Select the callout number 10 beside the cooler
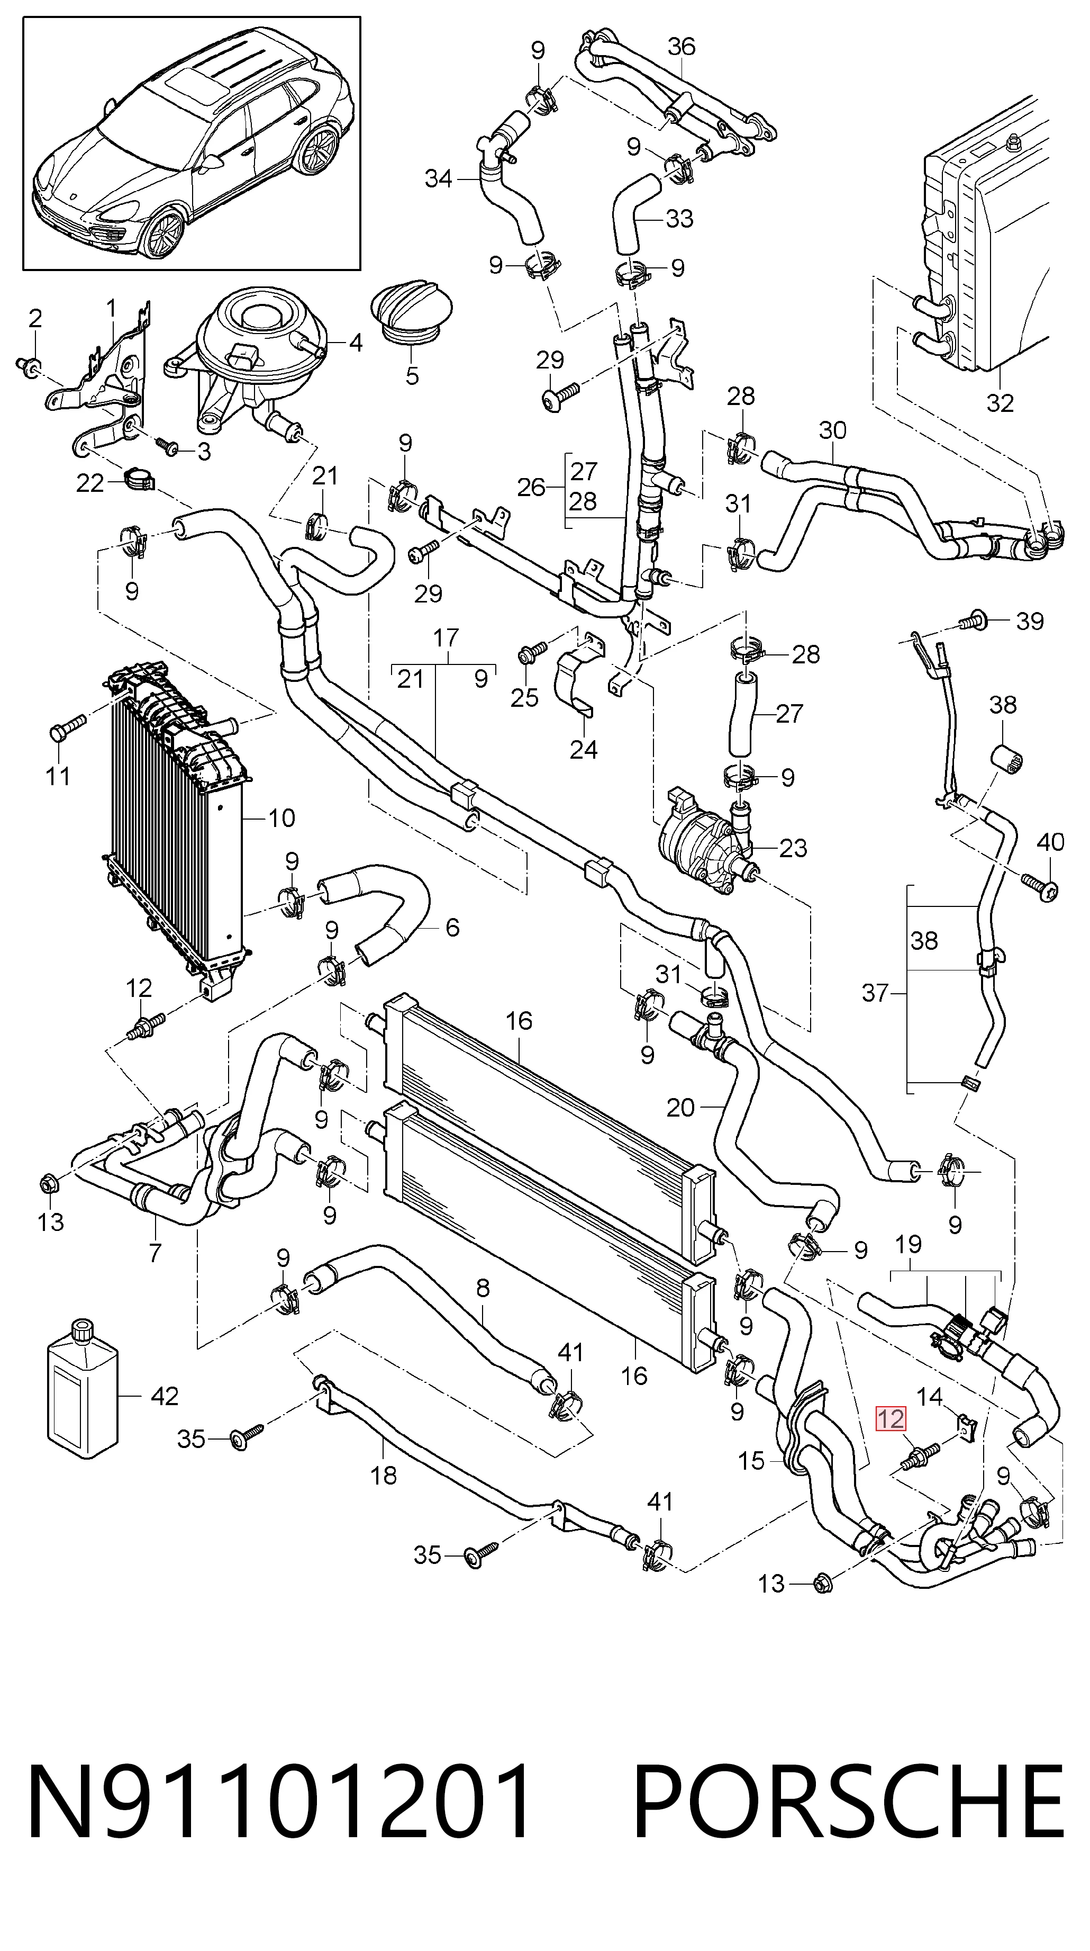[x=281, y=817]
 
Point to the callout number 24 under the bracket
[x=584, y=749]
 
